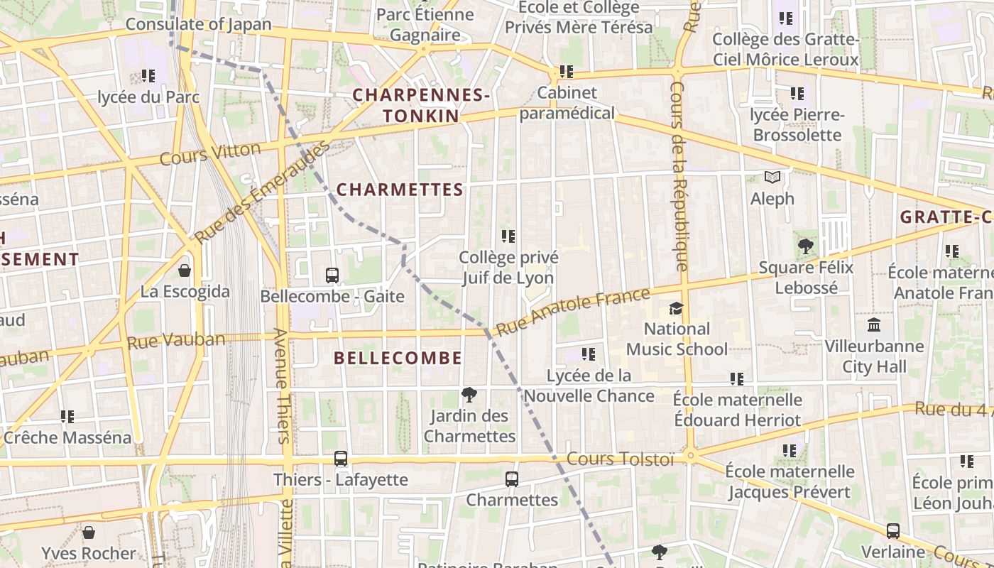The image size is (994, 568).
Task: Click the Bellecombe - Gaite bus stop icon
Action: tap(332, 275)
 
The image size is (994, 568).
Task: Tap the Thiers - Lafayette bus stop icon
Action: tap(341, 459)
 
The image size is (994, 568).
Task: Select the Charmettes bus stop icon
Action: tap(512, 479)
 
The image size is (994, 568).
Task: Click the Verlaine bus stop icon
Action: tap(893, 531)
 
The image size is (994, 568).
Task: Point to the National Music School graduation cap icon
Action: tap(676, 309)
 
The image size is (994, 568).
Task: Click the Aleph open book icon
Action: tap(772, 177)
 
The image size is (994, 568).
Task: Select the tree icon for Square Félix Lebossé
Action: tap(806, 246)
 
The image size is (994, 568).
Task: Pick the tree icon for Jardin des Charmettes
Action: tap(469, 395)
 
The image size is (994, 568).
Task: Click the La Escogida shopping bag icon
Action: tap(185, 271)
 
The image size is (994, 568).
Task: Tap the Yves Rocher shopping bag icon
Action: tap(89, 532)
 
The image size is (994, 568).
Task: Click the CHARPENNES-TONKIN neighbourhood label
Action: tap(421, 105)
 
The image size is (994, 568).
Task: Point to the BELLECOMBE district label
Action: tap(398, 359)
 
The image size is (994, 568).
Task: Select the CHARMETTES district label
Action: tap(400, 190)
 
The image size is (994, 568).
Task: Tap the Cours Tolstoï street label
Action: tap(620, 459)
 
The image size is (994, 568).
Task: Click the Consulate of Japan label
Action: tap(199, 24)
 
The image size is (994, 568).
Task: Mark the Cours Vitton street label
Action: tap(210, 153)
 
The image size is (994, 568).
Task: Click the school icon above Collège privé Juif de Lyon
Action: tap(508, 236)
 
